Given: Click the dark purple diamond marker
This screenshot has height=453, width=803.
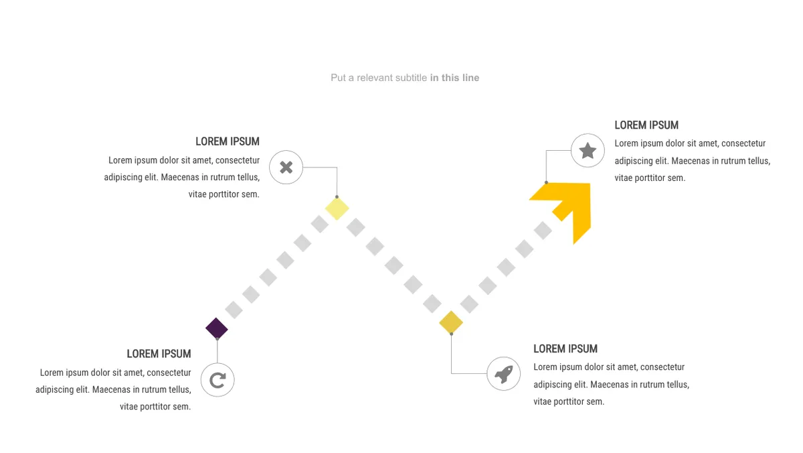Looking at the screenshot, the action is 217,328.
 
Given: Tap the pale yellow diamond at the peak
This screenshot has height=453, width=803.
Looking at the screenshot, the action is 337,208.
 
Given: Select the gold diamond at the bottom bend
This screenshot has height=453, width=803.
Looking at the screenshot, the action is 451,322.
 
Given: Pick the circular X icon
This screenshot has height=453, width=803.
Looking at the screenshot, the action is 286,168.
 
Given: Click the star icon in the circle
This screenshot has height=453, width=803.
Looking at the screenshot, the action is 588,150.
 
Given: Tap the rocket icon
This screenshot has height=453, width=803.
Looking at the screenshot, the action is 504,374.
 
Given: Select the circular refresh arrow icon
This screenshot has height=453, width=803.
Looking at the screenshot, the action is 217,380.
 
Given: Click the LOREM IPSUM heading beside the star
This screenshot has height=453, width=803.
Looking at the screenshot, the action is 646,125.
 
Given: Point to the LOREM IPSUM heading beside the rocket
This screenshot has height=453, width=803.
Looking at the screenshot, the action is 565,348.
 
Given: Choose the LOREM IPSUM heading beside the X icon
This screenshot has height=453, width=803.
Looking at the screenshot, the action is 228,141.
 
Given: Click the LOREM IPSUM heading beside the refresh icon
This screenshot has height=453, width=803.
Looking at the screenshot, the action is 159,354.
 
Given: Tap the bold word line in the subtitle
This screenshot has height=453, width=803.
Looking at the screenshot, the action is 470,78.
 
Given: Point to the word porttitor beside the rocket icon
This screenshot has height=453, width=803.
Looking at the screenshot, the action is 569,401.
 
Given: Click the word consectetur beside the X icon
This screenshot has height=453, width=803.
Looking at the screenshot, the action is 238,160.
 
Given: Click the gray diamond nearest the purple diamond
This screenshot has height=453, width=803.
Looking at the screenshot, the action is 234,310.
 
